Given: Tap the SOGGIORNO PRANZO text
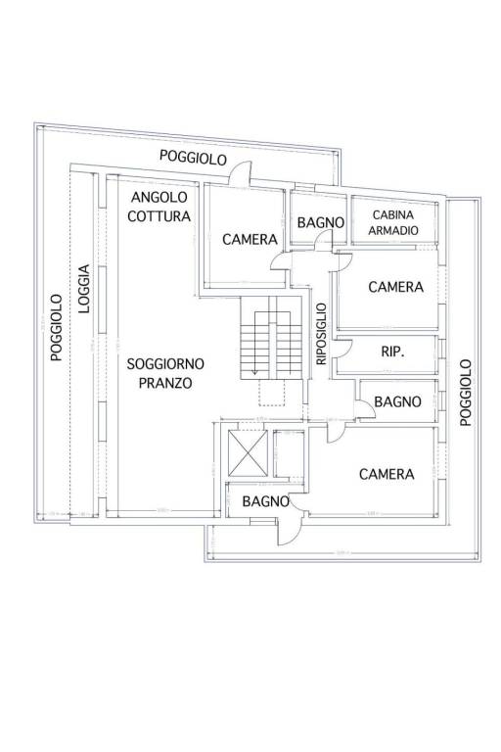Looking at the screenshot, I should point(159,373).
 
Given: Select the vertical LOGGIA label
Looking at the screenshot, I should point(85,289).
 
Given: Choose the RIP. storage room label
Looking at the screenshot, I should point(391,351).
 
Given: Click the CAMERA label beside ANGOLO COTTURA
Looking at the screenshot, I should point(250,239).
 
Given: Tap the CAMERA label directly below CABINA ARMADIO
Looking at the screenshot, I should point(395,287).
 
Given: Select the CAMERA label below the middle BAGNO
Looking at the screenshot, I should point(386,474).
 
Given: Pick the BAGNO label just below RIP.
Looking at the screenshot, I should point(397,401).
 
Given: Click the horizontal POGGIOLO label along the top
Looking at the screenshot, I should point(195,158).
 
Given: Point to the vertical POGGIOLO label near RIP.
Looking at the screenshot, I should point(466,392).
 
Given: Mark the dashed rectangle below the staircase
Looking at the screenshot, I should point(271,393).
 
